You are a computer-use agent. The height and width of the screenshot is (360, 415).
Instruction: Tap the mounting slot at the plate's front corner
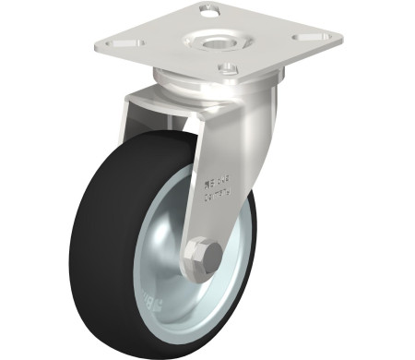point(227,67)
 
